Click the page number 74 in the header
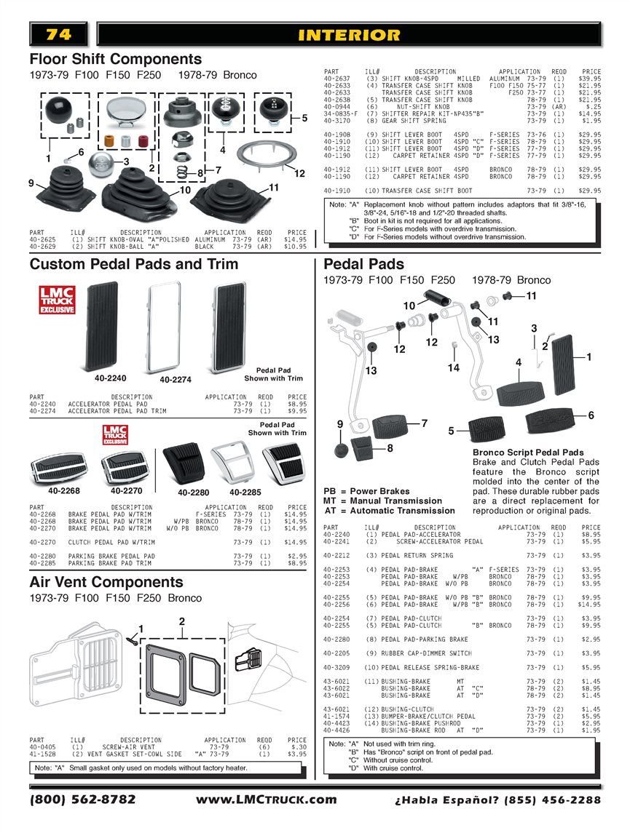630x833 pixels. point(58,34)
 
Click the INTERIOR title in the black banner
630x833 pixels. point(349,34)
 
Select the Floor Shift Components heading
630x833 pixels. point(115,59)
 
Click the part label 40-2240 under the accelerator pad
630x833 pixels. point(110,379)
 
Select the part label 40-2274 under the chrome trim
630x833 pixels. point(176,380)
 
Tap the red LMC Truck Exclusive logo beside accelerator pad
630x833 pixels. point(56,300)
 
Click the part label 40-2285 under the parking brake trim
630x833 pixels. point(245,492)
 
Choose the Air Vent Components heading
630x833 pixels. point(106,582)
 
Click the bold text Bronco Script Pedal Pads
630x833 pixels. point(528,453)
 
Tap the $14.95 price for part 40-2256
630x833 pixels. point(588,605)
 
